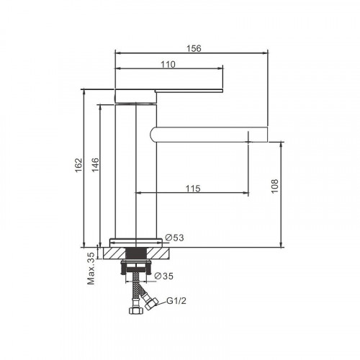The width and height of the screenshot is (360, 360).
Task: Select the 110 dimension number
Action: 168,65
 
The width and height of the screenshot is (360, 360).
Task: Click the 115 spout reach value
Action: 192,189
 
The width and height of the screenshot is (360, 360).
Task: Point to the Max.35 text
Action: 91,268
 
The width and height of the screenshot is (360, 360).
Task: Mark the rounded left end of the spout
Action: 154,134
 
